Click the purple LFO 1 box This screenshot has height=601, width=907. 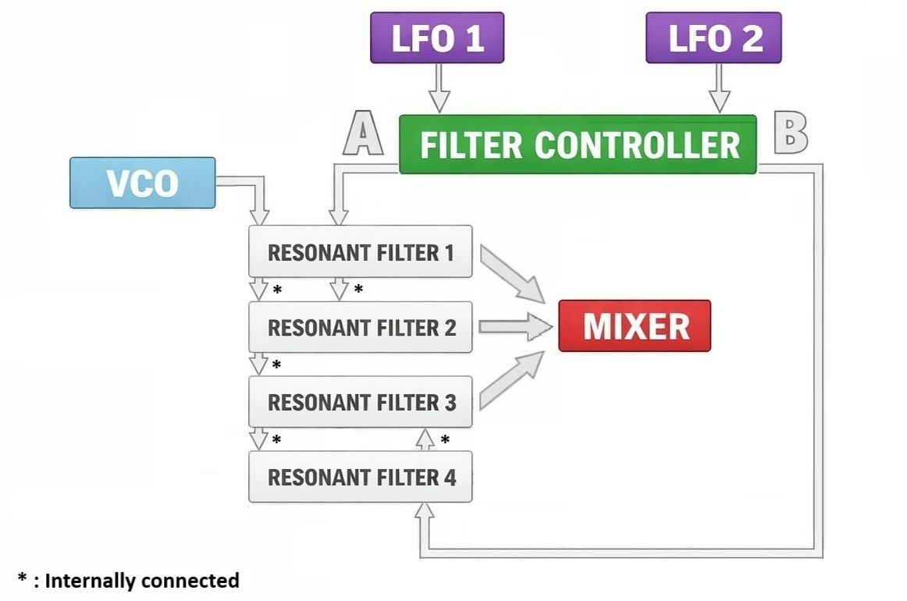click(437, 37)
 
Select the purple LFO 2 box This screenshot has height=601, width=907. click(713, 37)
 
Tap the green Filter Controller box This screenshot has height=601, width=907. click(578, 144)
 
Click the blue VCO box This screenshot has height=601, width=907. click(142, 183)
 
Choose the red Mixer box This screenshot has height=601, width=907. click(635, 325)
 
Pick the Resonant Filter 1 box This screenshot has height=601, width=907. click(360, 251)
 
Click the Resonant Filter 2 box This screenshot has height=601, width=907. click(360, 327)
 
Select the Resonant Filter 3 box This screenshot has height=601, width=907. click(360, 402)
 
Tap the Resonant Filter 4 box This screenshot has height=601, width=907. click(360, 477)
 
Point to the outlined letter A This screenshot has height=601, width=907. click(364, 133)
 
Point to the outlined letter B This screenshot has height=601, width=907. click(790, 133)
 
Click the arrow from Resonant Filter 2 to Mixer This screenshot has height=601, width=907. click(515, 326)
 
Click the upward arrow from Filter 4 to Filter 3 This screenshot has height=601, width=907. click(424, 439)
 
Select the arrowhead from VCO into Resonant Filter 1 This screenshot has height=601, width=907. click(261, 215)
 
